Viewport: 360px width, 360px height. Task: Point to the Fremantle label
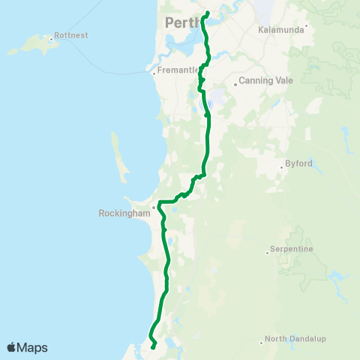177,73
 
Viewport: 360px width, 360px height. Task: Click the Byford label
298,163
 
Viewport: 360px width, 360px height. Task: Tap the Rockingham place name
124,212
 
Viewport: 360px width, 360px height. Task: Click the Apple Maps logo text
27,347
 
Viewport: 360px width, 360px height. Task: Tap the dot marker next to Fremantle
153,73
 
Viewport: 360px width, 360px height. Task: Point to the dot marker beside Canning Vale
235,84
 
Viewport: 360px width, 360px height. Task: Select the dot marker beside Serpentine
267,253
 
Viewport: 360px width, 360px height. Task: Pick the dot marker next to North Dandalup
262,342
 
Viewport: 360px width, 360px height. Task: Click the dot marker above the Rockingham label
153,207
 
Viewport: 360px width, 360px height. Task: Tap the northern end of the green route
207,12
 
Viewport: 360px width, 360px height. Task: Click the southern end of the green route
154,347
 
